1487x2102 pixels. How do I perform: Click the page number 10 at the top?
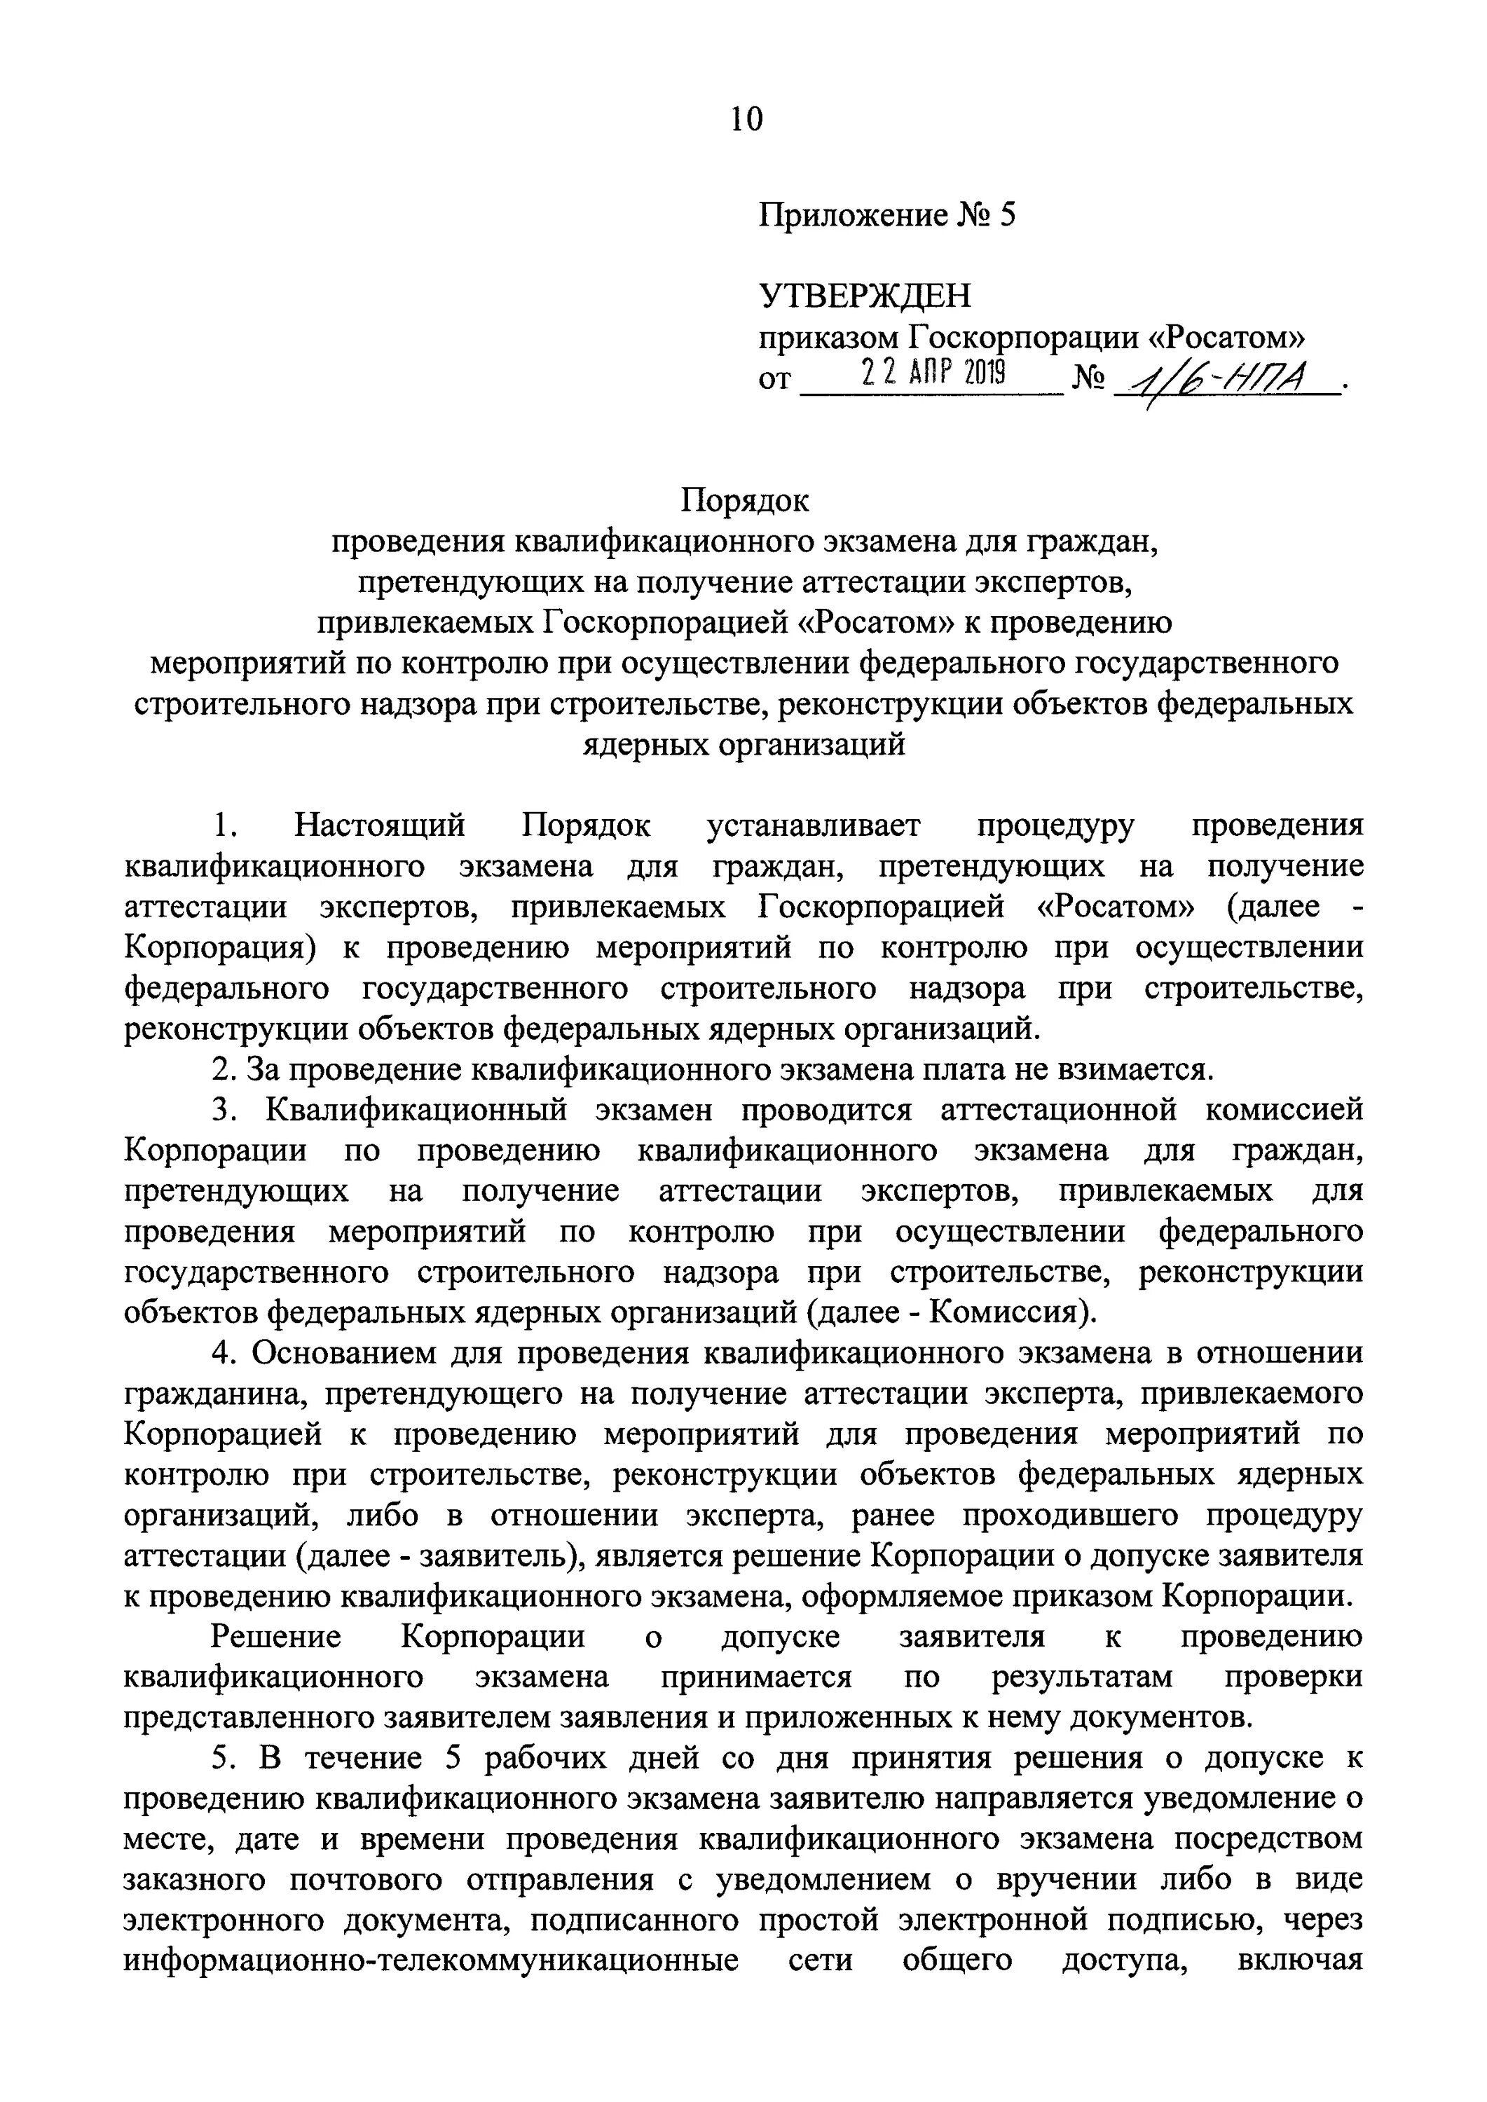coord(746,119)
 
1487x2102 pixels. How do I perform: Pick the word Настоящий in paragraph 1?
coord(379,826)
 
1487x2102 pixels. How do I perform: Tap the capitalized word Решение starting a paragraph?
coord(275,1637)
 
